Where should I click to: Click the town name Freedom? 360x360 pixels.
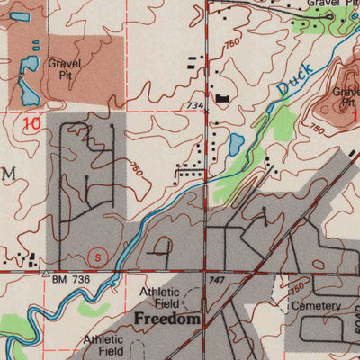[x=166, y=319]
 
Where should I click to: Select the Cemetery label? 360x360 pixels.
[x=315, y=306]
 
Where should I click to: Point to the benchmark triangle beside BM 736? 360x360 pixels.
[x=45, y=271]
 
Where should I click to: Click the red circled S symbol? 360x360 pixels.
[x=98, y=255]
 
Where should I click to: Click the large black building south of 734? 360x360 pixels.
[x=220, y=98]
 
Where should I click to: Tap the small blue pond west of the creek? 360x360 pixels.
[x=236, y=143]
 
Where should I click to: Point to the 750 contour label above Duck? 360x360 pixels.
[x=233, y=43]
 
